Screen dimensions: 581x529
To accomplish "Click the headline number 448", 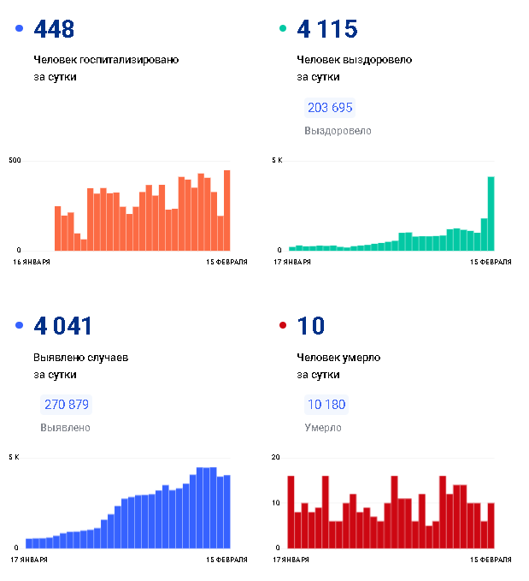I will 54,29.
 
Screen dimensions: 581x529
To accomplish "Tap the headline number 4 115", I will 326,29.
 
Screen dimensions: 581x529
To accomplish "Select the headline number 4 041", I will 62,326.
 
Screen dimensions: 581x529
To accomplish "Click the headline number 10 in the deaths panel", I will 311,326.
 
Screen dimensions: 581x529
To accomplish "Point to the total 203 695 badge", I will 330,108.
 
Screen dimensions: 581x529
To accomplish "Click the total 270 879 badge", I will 67,405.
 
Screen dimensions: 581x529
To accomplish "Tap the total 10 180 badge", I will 326,405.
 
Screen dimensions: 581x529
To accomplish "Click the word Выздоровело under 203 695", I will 338,131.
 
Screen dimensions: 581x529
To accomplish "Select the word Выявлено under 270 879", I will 65,428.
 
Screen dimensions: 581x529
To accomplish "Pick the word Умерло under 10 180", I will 323,428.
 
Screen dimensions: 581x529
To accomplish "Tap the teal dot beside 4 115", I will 283,30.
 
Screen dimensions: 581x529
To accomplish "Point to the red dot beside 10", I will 283,326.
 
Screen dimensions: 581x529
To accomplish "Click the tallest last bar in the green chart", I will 491,214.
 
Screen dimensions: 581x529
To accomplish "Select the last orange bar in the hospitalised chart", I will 226,210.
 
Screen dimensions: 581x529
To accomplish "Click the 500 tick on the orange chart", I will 15,161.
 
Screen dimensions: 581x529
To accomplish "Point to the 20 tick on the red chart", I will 275,458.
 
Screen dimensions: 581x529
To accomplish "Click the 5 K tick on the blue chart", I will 13,458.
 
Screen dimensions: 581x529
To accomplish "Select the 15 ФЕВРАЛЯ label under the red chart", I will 491,559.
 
